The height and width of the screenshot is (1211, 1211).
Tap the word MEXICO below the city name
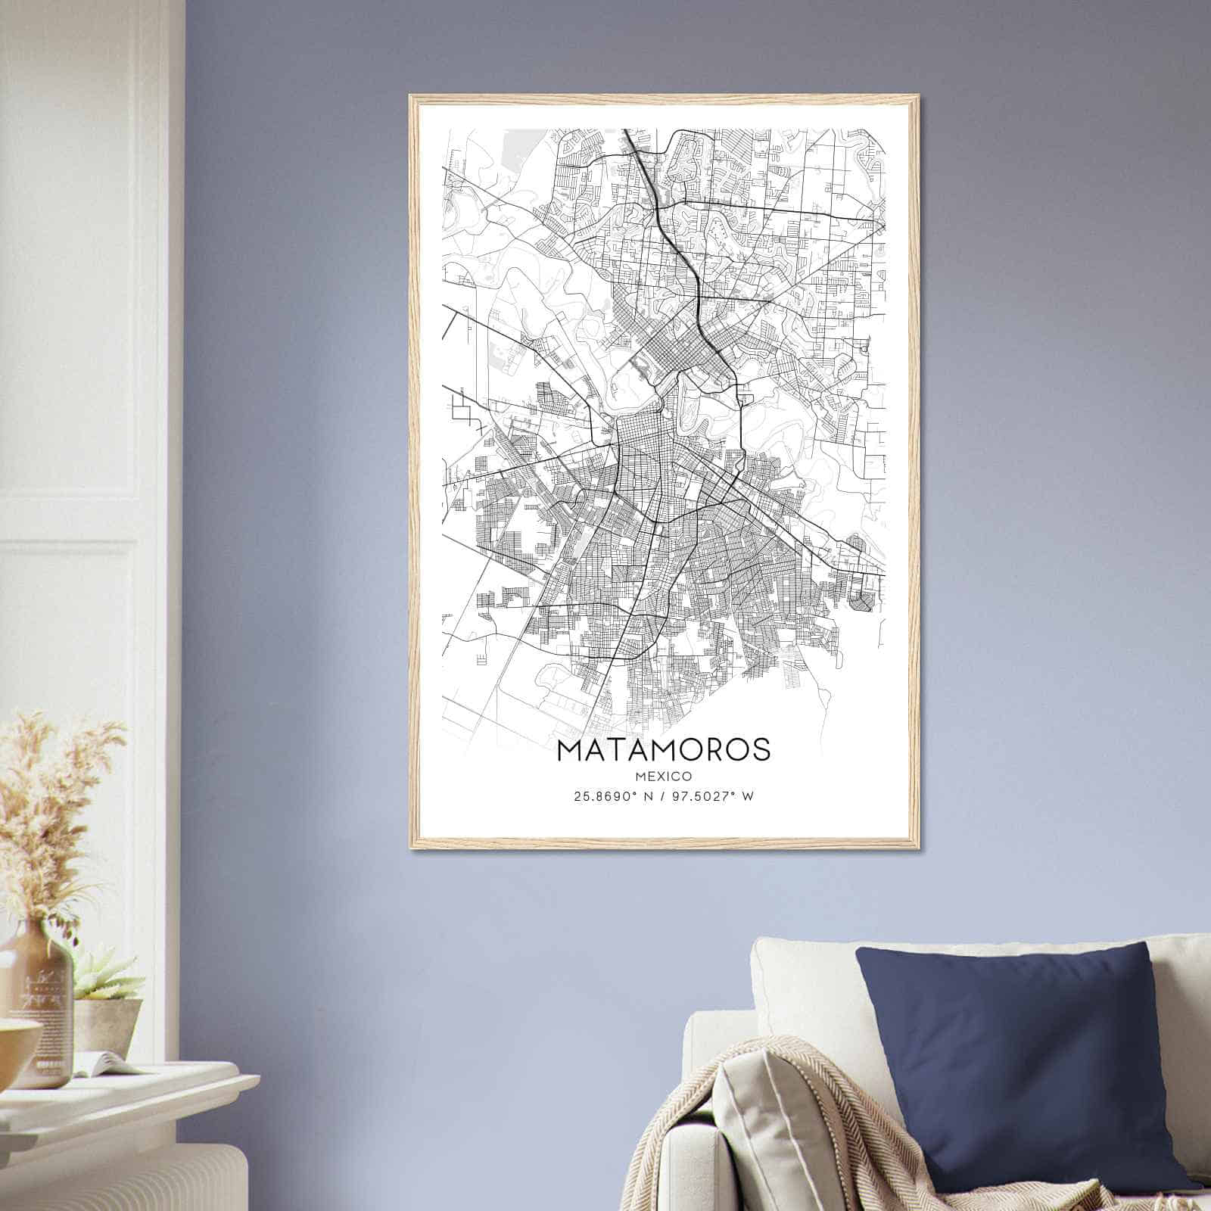tap(663, 776)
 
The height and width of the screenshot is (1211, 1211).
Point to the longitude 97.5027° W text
tap(714, 796)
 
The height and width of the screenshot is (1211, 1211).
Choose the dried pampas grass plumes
tap(53, 795)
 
